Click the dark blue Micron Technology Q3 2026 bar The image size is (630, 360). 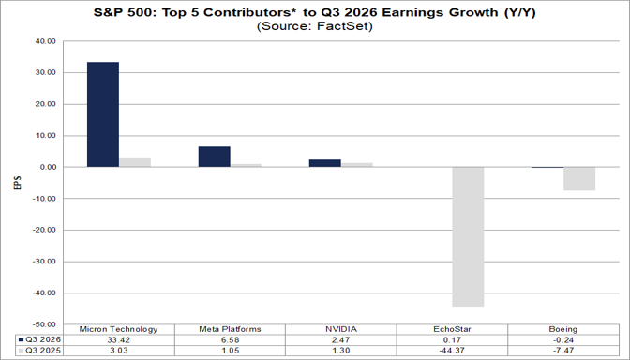[x=103, y=114]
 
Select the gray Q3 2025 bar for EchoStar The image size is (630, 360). [x=468, y=236]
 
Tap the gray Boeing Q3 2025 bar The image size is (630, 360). [x=579, y=179]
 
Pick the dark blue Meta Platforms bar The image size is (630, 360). [x=215, y=157]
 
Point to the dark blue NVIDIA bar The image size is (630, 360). [x=325, y=163]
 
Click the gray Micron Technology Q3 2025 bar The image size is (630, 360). [x=135, y=162]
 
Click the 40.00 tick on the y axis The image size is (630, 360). [x=47, y=41]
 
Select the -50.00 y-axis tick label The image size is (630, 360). [x=45, y=324]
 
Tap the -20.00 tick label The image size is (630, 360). [x=45, y=230]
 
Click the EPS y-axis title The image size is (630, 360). [x=17, y=183]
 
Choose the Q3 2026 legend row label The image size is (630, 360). [x=43, y=340]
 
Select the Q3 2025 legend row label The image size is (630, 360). [x=43, y=351]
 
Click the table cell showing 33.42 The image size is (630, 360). [x=119, y=340]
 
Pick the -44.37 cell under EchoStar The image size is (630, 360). [x=453, y=351]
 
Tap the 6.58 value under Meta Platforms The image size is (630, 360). [x=231, y=340]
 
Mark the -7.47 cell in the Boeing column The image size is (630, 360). [x=563, y=351]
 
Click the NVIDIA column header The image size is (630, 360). [x=341, y=329]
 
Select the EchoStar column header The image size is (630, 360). [x=453, y=329]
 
